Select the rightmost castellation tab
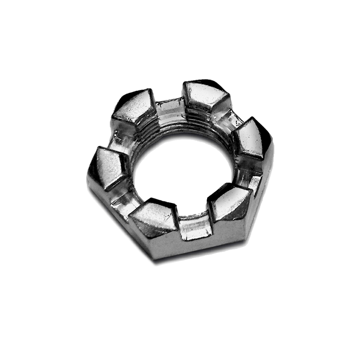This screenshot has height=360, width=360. coord(250,138)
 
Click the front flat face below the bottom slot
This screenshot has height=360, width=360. coord(208,244)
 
